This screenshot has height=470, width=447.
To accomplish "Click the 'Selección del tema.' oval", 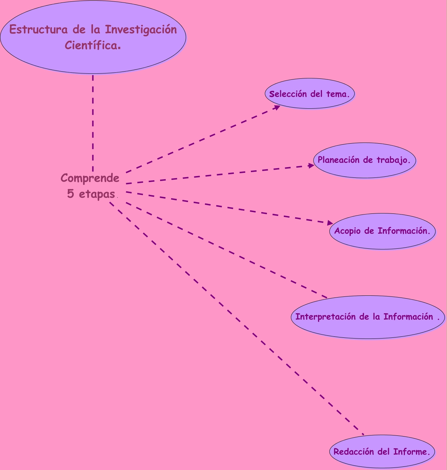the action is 310,93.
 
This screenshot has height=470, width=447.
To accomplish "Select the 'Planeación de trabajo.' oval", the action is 364,160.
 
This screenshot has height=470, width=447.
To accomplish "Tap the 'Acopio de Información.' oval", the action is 382,231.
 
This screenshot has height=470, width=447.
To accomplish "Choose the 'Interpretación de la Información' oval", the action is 368,317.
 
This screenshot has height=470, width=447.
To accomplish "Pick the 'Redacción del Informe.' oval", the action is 382,451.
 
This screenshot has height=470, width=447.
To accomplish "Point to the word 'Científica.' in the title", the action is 93,46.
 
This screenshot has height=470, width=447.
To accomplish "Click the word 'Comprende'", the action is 90,177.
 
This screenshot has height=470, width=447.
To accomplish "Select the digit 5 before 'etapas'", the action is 71,194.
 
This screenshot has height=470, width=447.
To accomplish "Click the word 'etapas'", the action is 97,194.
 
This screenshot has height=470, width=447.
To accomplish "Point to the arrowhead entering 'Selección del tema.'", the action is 277,107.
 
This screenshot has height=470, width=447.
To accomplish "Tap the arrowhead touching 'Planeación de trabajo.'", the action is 311,166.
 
